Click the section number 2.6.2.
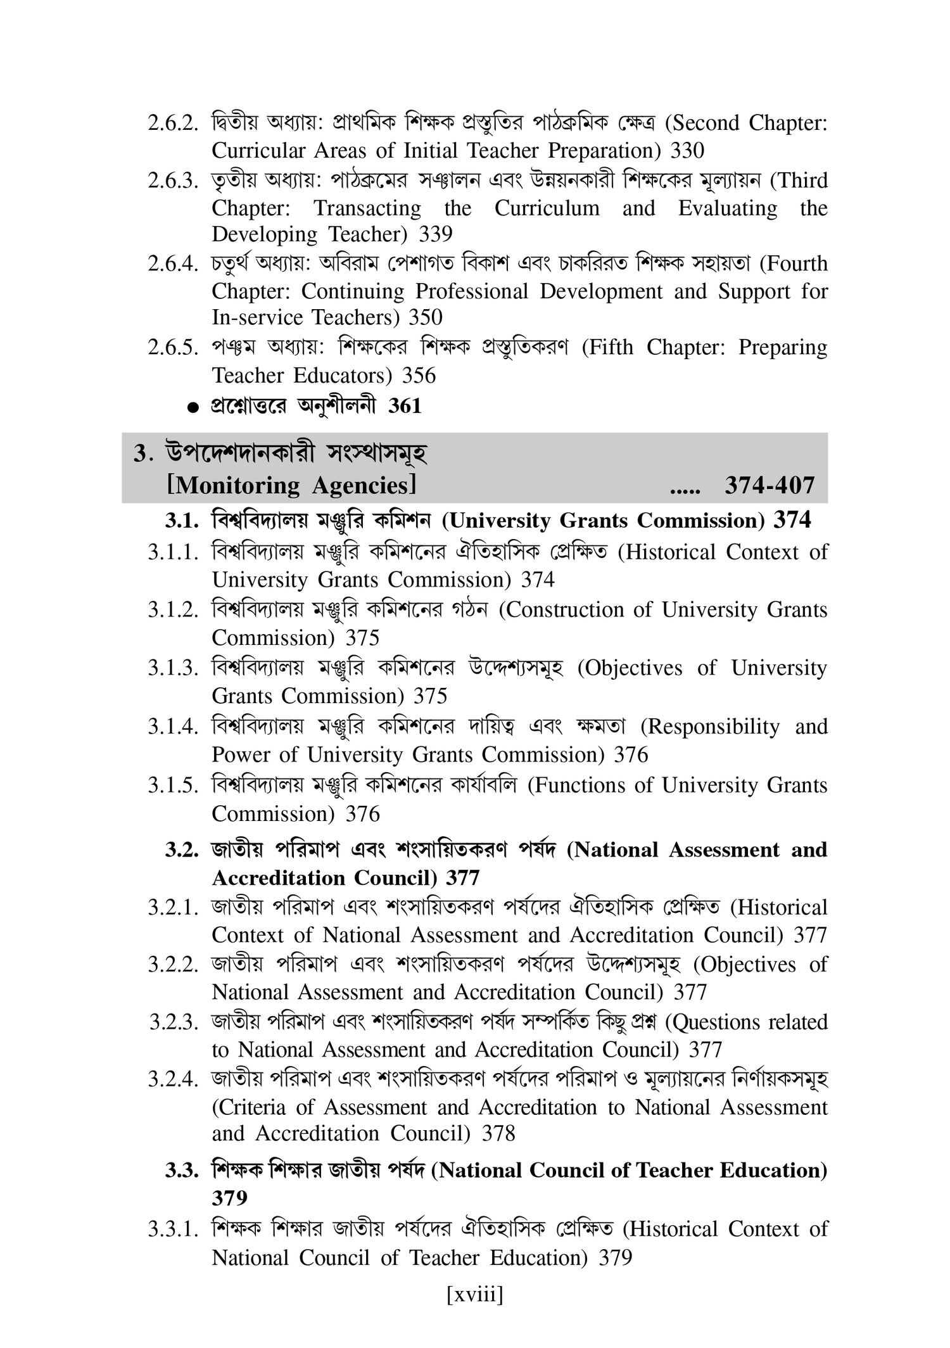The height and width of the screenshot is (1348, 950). click(170, 124)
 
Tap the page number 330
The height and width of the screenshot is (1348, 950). click(687, 151)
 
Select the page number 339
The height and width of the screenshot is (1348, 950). click(436, 234)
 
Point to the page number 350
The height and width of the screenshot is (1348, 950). click(426, 317)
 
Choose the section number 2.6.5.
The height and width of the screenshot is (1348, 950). click(170, 348)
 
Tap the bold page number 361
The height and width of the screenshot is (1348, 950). click(405, 406)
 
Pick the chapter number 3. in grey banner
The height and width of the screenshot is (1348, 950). click(140, 454)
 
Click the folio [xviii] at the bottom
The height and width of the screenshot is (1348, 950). click(474, 1295)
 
